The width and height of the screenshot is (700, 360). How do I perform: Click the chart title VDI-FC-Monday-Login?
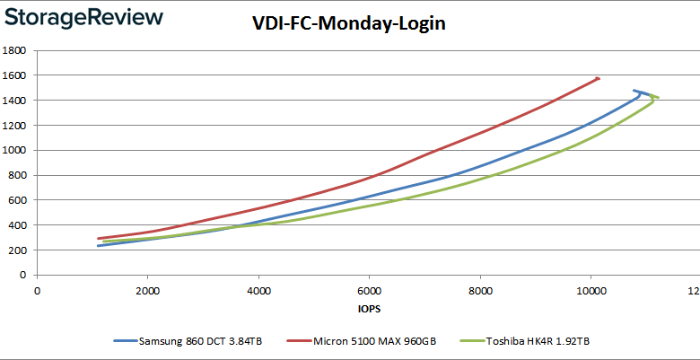[349, 24]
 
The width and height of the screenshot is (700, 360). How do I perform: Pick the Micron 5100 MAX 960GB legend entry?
[368, 341]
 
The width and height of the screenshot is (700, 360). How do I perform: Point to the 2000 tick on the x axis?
[148, 291]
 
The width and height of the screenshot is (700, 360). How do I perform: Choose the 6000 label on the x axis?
[369, 291]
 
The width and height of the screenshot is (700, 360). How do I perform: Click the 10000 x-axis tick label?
[591, 291]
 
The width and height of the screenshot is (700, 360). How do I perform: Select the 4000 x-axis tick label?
[258, 291]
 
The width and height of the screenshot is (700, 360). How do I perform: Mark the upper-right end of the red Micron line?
[598, 78]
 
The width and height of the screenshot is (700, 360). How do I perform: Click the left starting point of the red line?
[99, 239]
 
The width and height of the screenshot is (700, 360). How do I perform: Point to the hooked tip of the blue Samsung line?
[634, 91]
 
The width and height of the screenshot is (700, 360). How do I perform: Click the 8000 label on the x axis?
[480, 291]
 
